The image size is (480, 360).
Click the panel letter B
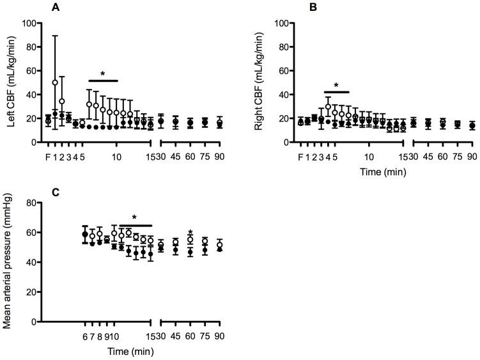[295, 8]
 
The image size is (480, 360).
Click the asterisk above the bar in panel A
[102, 74]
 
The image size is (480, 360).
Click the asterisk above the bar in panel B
[336, 85]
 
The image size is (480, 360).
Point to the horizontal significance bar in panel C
[135, 225]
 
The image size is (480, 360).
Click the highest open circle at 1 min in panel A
[55, 82]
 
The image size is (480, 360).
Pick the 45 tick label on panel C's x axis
[175, 336]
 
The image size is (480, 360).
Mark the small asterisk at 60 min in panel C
[190, 233]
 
